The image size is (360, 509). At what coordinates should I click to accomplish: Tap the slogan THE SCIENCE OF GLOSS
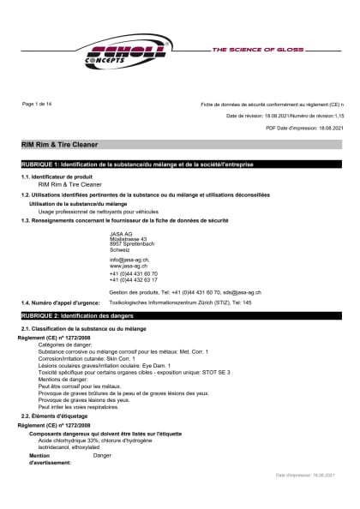pyautogui.click(x=258, y=51)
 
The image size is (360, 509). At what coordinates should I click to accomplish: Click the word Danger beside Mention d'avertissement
pyautogui.click(x=102, y=455)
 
